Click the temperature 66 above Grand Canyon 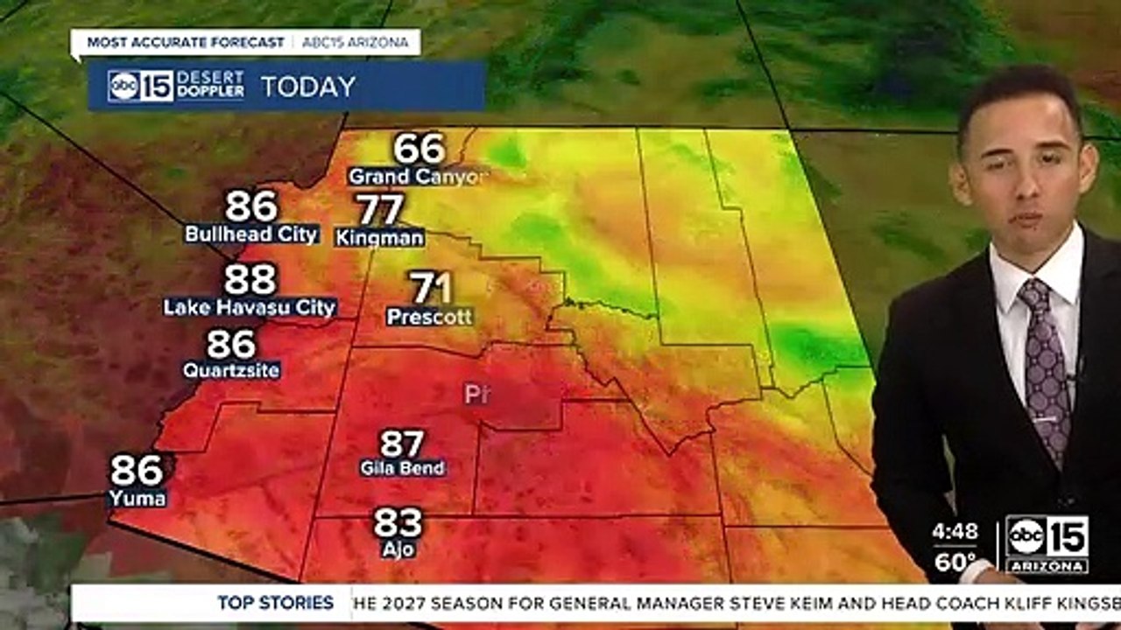click(x=419, y=149)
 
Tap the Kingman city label click(x=380, y=238)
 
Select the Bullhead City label click(x=251, y=234)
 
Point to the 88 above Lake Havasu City click(x=250, y=280)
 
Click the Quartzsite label click(x=231, y=371)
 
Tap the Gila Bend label click(x=403, y=468)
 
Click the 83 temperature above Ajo click(x=398, y=523)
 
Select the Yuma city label click(x=137, y=499)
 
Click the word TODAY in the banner click(x=308, y=87)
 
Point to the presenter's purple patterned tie click(x=1047, y=367)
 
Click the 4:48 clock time click(x=954, y=531)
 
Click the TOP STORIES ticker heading click(x=276, y=603)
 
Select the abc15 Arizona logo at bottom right click(x=1047, y=543)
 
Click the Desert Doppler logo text click(x=210, y=86)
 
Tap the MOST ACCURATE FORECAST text click(x=185, y=42)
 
